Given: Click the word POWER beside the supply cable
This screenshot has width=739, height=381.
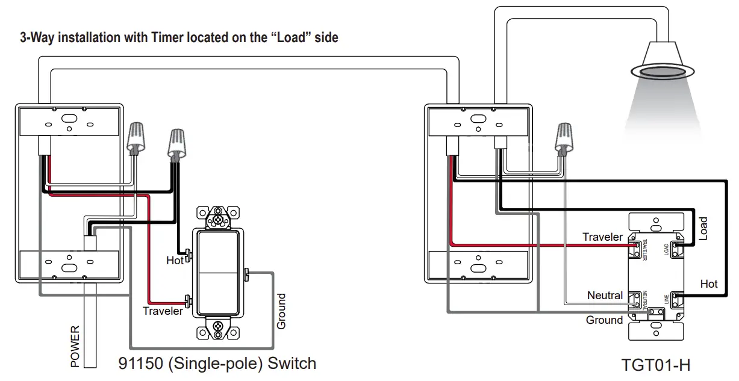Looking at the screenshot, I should pyautogui.click(x=75, y=346).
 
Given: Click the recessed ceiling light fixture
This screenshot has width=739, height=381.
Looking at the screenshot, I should pyautogui.click(x=663, y=66).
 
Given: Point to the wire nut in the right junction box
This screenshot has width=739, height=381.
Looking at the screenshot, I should pyautogui.click(x=564, y=138).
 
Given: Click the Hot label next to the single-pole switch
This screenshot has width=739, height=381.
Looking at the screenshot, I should pyautogui.click(x=175, y=261).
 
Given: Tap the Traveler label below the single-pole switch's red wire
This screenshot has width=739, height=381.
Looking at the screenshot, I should pyautogui.click(x=163, y=311).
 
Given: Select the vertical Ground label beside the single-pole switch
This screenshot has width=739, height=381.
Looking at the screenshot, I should pyautogui.click(x=281, y=311).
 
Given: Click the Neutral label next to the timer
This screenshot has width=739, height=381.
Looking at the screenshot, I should pyautogui.click(x=605, y=296).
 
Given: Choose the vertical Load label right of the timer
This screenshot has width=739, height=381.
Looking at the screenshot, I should pyautogui.click(x=702, y=229).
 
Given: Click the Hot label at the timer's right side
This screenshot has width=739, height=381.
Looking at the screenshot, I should pyautogui.click(x=709, y=283).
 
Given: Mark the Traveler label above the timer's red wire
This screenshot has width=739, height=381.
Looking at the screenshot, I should pyautogui.click(x=602, y=237).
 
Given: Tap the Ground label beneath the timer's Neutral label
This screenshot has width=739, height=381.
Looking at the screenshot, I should pyautogui.click(x=604, y=320).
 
